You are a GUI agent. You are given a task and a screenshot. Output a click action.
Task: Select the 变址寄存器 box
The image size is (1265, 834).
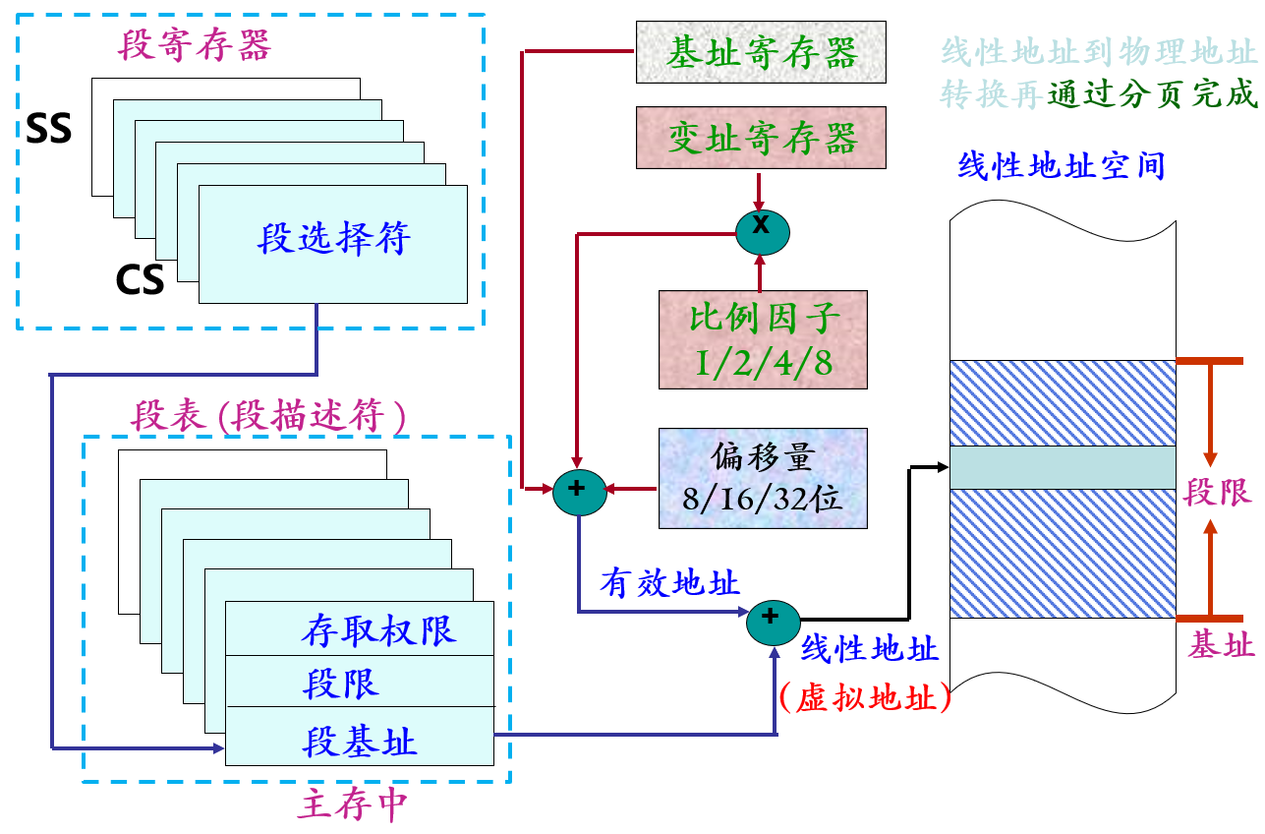(761, 138)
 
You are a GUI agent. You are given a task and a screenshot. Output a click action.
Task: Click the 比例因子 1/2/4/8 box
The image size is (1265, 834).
(763, 339)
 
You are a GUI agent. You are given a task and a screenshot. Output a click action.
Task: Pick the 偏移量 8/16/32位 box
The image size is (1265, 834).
(763, 478)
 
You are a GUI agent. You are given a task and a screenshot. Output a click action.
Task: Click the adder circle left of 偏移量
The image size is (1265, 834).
(580, 489)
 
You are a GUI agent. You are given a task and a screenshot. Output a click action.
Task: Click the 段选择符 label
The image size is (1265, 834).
(333, 239)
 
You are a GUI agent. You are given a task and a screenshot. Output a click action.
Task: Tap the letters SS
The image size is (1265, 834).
(49, 129)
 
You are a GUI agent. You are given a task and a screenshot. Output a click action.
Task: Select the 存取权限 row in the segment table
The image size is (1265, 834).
(377, 630)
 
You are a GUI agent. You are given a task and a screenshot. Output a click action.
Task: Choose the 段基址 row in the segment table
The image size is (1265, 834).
(360, 741)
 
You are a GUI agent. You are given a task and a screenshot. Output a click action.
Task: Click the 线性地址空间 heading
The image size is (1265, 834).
(1062, 165)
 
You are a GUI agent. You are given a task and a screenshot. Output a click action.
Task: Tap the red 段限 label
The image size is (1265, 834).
(1218, 493)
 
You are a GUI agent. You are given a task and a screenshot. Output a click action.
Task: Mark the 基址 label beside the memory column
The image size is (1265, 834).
(1221, 646)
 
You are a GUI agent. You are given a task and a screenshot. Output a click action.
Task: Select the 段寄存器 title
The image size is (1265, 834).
(195, 45)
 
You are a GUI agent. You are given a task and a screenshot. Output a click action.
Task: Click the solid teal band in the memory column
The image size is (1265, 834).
(1062, 467)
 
